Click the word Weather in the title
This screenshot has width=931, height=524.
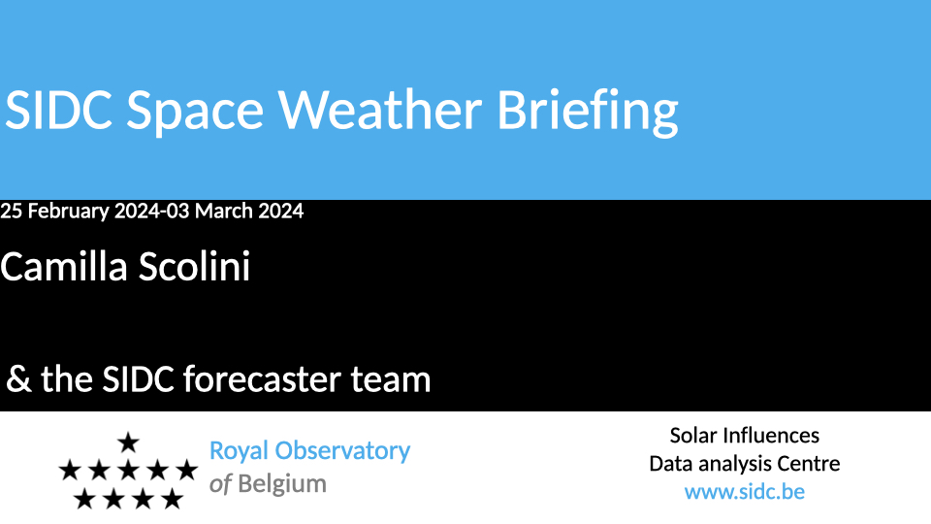tap(380, 110)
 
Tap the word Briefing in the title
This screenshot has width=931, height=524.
tap(588, 113)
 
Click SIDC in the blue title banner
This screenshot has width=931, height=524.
tap(58, 110)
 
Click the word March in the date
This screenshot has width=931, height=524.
tap(224, 211)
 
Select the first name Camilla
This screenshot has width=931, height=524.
tap(64, 266)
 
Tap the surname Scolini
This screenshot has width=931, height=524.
tap(194, 266)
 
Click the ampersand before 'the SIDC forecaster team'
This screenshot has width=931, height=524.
tap(18, 379)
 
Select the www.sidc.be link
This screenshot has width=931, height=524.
tap(745, 492)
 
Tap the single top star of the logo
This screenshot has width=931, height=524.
tap(128, 442)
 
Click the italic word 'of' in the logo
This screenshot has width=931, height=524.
tap(220, 484)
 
